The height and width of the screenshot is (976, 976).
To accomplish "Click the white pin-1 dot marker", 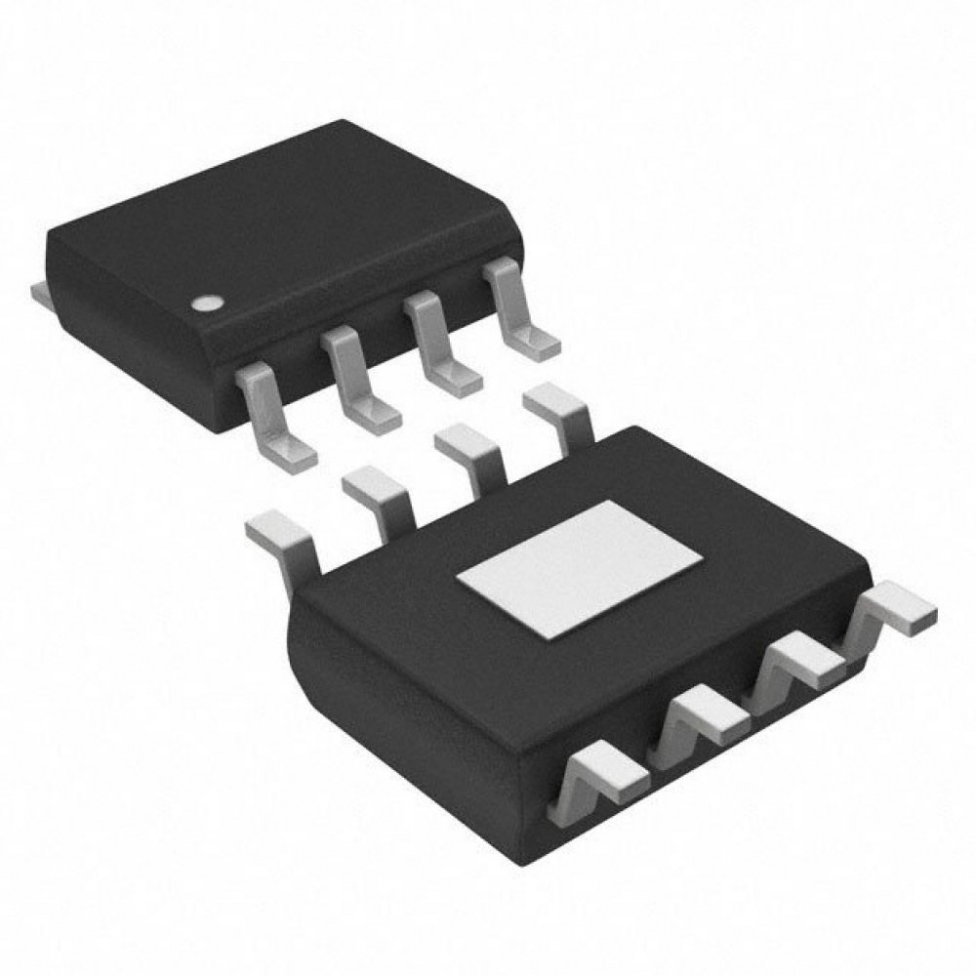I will [x=206, y=304].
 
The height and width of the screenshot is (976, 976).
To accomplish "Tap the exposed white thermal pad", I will [x=580, y=568].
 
